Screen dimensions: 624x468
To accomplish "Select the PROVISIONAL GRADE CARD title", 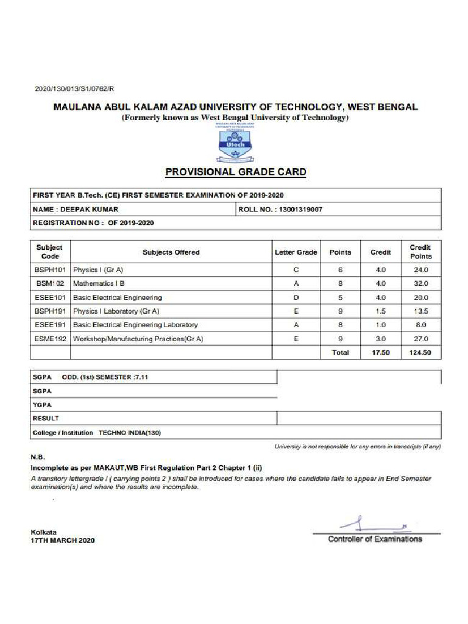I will coord(236,172).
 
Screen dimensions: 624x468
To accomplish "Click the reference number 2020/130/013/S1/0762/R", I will coord(74,89).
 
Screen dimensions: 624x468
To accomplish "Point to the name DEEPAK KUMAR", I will coord(95,209).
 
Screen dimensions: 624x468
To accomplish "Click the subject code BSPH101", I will coord(50,269).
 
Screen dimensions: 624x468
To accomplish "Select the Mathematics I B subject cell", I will coord(99,283).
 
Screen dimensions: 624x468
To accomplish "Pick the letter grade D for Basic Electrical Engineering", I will coord(296,297).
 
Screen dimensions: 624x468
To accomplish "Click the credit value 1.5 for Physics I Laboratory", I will coord(380,311).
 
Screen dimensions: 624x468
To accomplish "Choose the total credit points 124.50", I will coord(420,353).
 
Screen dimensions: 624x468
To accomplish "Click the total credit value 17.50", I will coord(380,353).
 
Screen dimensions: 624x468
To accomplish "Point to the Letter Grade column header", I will coord(296,252).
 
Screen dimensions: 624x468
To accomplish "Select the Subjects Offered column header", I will coord(171,252).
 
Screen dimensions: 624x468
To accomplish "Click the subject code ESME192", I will coord(50,339).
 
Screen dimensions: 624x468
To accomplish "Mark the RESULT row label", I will coord(46,419).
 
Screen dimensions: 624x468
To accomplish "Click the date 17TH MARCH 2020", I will coord(63,540).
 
